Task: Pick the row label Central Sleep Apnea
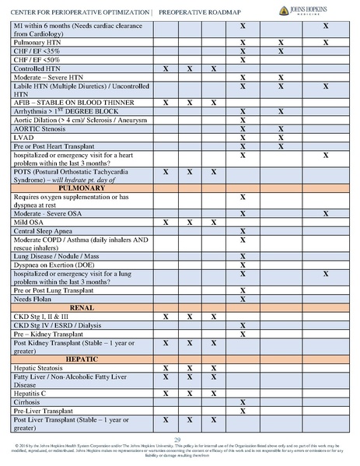[45, 232]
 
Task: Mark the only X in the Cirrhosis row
[243, 402]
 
